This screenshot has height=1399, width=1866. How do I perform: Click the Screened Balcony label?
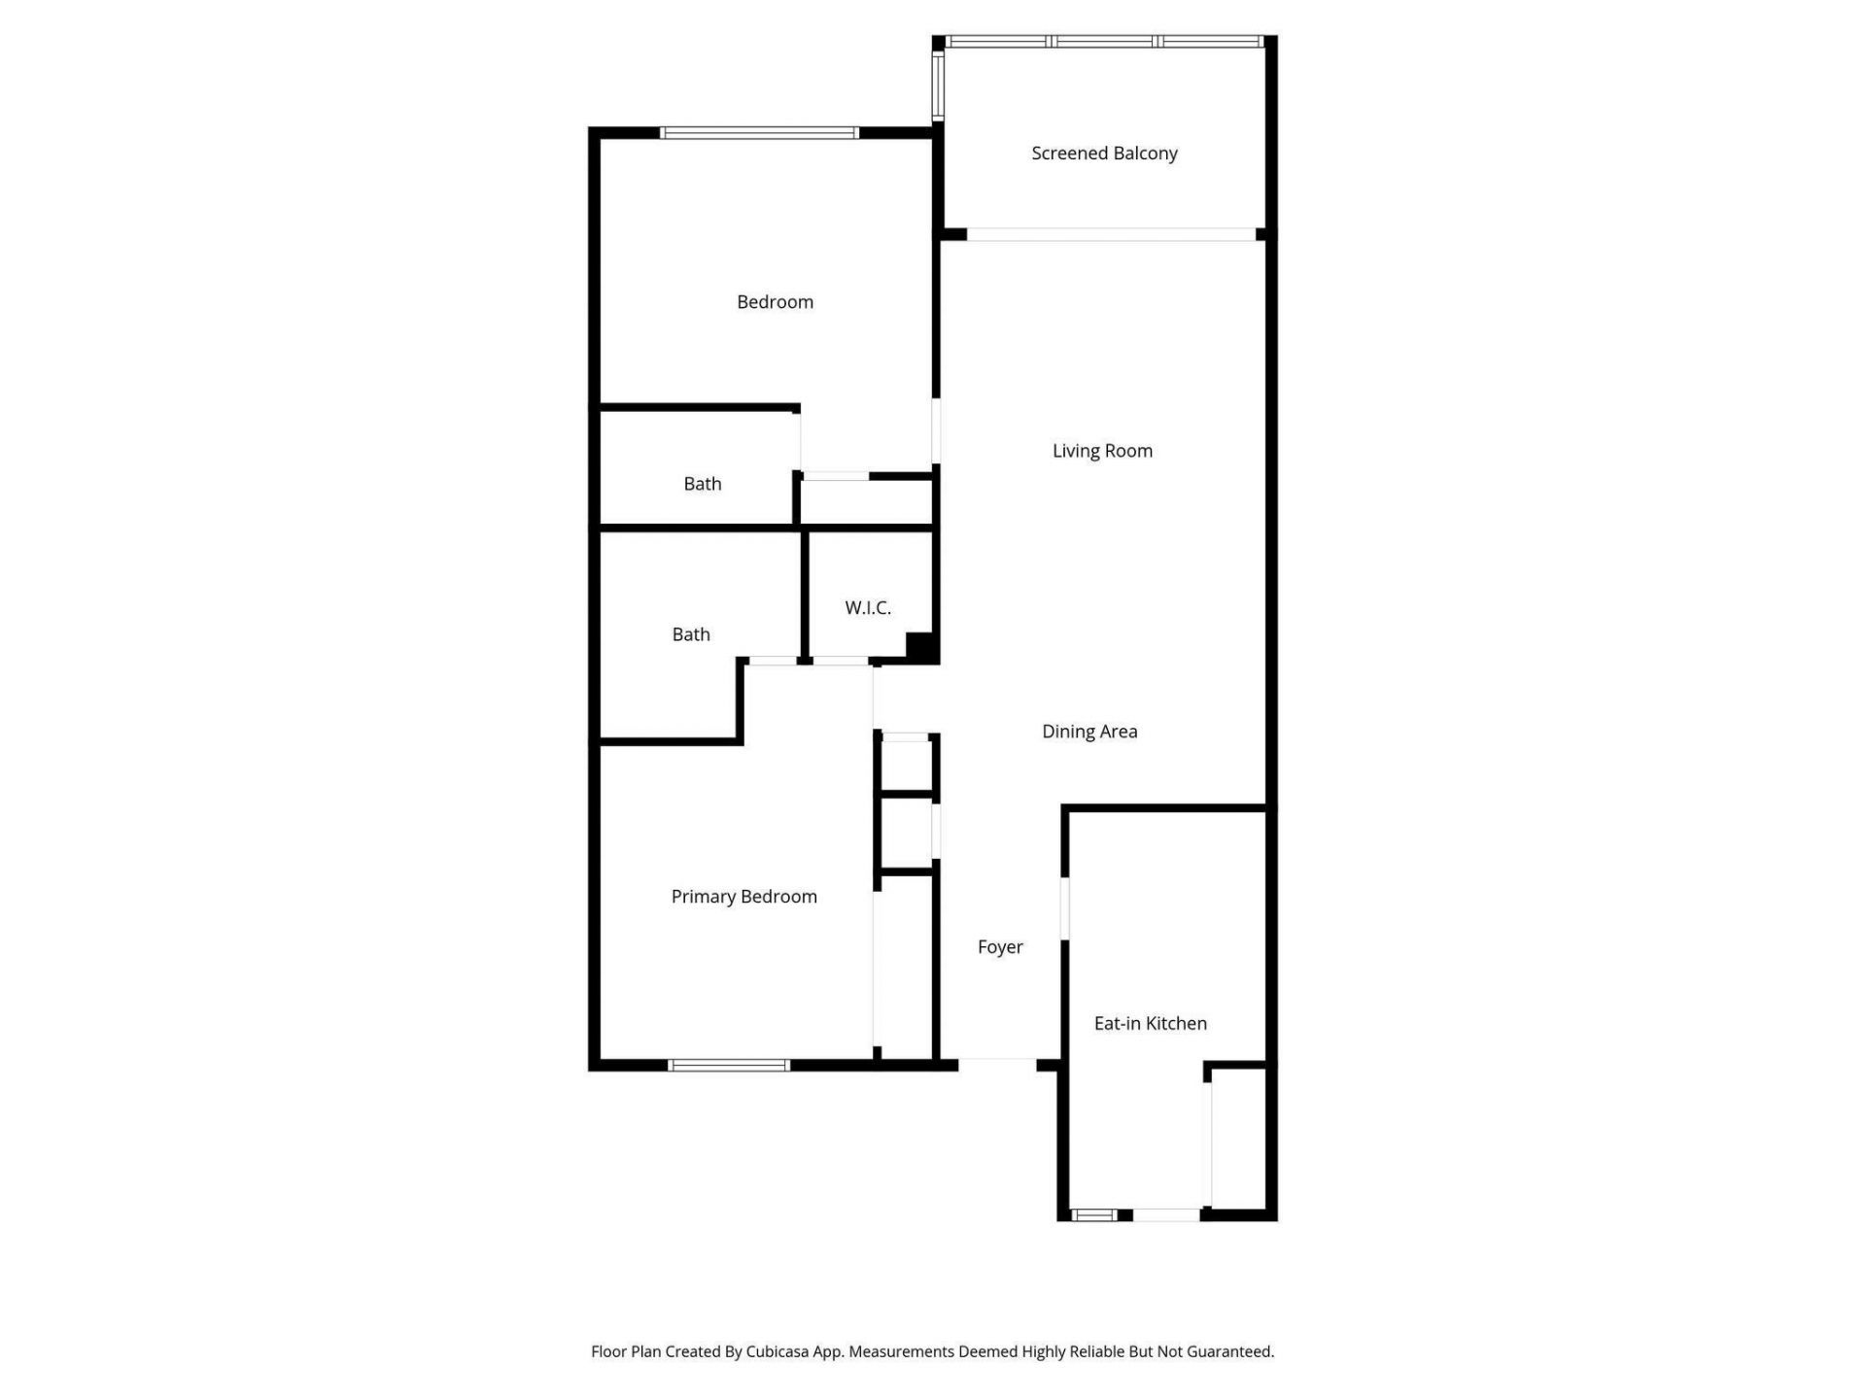pyautogui.click(x=1104, y=154)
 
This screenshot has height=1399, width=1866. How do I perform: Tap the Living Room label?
pyautogui.click(x=1102, y=451)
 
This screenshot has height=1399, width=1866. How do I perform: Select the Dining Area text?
pyautogui.click(x=1089, y=732)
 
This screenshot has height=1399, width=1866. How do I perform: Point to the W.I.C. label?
pyautogui.click(x=868, y=608)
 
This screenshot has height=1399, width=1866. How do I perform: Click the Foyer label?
pyautogui.click(x=1000, y=947)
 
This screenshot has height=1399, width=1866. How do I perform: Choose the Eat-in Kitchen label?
pyautogui.click(x=1150, y=1023)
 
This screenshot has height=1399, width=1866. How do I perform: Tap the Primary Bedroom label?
pyautogui.click(x=743, y=897)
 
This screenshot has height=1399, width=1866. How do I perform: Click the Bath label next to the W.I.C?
pyautogui.click(x=691, y=634)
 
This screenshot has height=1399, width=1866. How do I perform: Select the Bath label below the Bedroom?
pyautogui.click(x=703, y=484)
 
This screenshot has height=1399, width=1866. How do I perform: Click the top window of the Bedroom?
pyautogui.click(x=759, y=133)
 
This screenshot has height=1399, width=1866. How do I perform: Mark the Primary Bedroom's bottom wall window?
pyautogui.click(x=729, y=1066)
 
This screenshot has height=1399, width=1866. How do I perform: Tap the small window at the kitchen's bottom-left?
pyautogui.click(x=1093, y=1214)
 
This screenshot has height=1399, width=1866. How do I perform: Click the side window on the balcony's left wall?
pyautogui.click(x=939, y=85)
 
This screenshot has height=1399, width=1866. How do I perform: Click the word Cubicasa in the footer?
pyautogui.click(x=777, y=1351)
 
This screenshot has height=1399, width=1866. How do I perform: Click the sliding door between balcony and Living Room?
pyautogui.click(x=1111, y=234)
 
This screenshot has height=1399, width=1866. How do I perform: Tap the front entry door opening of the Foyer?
pyautogui.click(x=997, y=1064)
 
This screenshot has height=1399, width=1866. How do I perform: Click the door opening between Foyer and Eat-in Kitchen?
pyautogui.click(x=1065, y=908)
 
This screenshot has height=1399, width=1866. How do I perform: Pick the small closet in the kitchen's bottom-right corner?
pyautogui.click(x=1237, y=1139)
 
